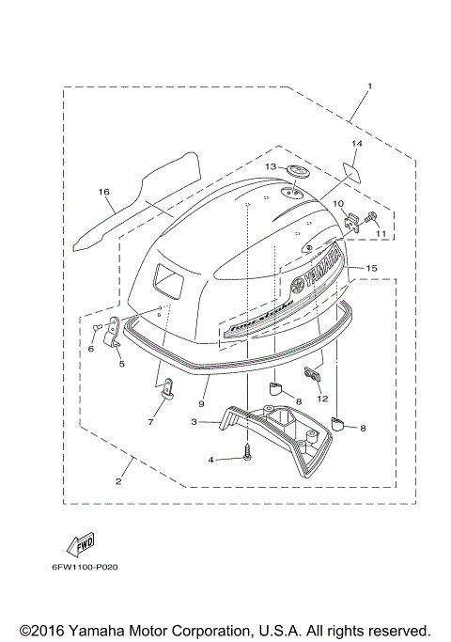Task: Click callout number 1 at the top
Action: pos(369,86)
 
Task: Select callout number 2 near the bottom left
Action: pos(119,482)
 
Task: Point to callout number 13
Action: pos(269,166)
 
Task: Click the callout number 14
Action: pos(356,144)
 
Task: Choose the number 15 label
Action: pos(371,269)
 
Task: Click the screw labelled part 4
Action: pos(247,452)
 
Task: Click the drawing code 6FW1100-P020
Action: pos(84,568)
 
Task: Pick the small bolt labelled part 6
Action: pos(97,326)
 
